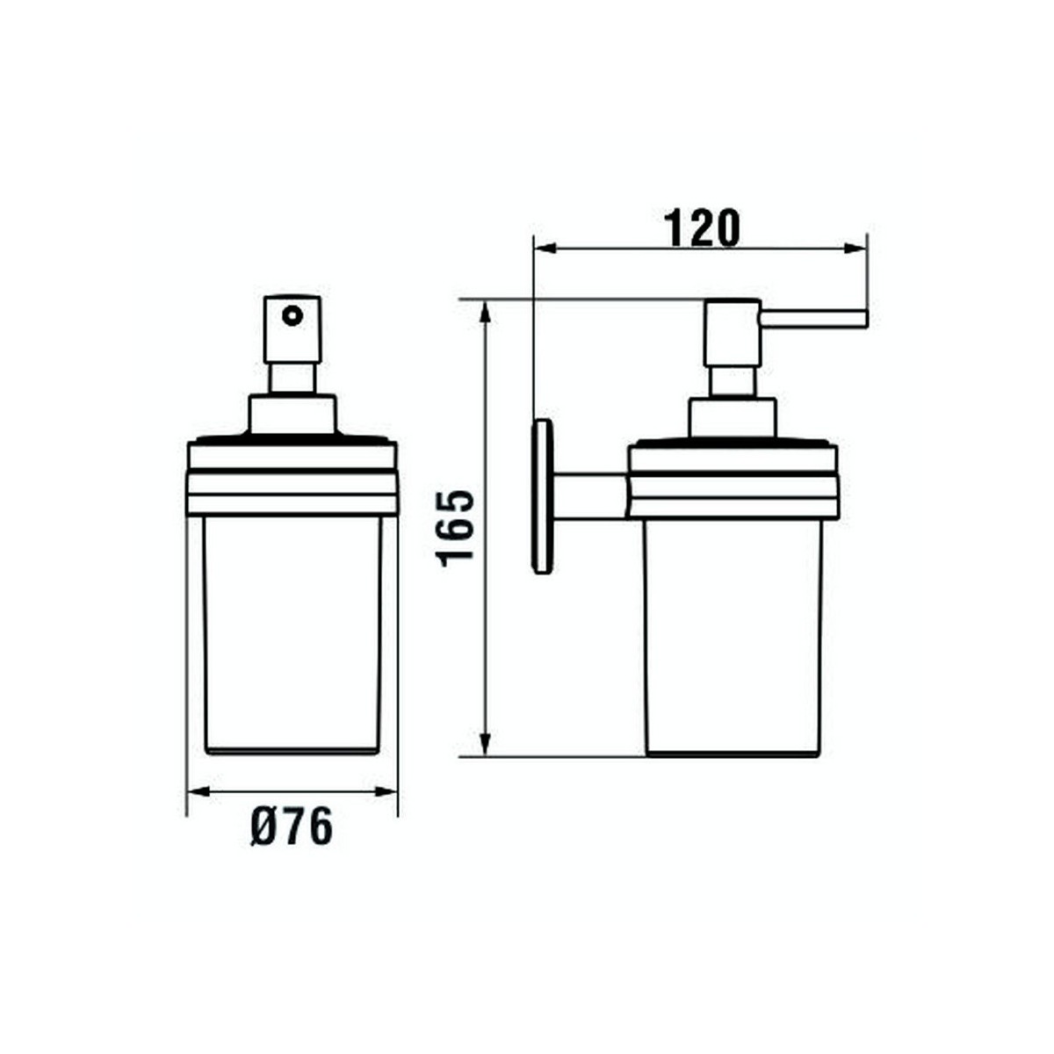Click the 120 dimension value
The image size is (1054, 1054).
pos(702,228)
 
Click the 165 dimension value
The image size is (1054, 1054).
pos(457,527)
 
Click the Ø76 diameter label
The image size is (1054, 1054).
pos(292,827)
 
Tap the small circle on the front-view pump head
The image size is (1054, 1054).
pos(290,314)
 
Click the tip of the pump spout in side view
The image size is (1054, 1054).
pos(864,318)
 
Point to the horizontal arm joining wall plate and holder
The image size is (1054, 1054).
pos(588,497)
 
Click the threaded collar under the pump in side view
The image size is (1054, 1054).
pos(733,417)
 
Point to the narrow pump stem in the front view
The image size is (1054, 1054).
pos(292,379)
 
